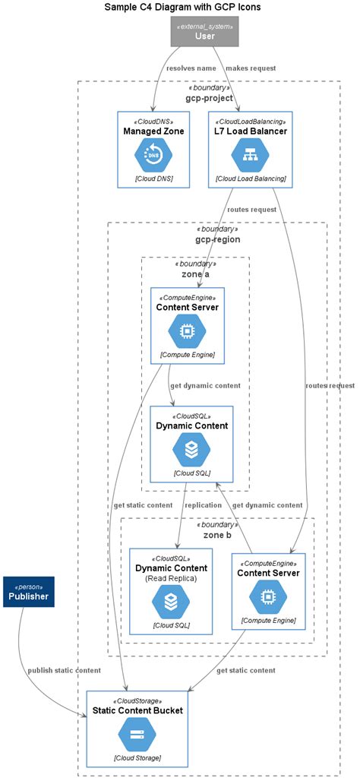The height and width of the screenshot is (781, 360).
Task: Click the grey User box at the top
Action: click(x=204, y=31)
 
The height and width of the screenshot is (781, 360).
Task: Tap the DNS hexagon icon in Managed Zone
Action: click(x=153, y=155)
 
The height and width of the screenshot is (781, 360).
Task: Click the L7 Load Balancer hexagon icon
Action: click(x=250, y=155)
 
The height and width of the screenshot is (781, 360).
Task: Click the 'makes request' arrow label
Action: click(x=251, y=68)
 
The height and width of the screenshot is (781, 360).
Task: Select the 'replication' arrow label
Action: click(x=203, y=504)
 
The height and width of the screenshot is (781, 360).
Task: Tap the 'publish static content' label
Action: click(x=64, y=670)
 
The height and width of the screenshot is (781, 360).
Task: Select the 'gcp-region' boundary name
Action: click(x=217, y=239)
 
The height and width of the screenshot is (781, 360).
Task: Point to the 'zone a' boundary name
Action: click(x=195, y=274)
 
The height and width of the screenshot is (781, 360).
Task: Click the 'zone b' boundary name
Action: click(x=217, y=535)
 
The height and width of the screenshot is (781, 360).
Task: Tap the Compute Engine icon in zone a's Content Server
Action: click(x=187, y=330)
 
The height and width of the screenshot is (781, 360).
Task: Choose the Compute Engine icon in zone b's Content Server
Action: click(x=268, y=597)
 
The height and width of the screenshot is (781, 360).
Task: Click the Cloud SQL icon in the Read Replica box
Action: click(x=171, y=602)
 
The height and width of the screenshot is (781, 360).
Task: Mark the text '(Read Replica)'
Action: click(x=171, y=578)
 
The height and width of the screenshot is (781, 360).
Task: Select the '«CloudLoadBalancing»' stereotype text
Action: click(x=250, y=121)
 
